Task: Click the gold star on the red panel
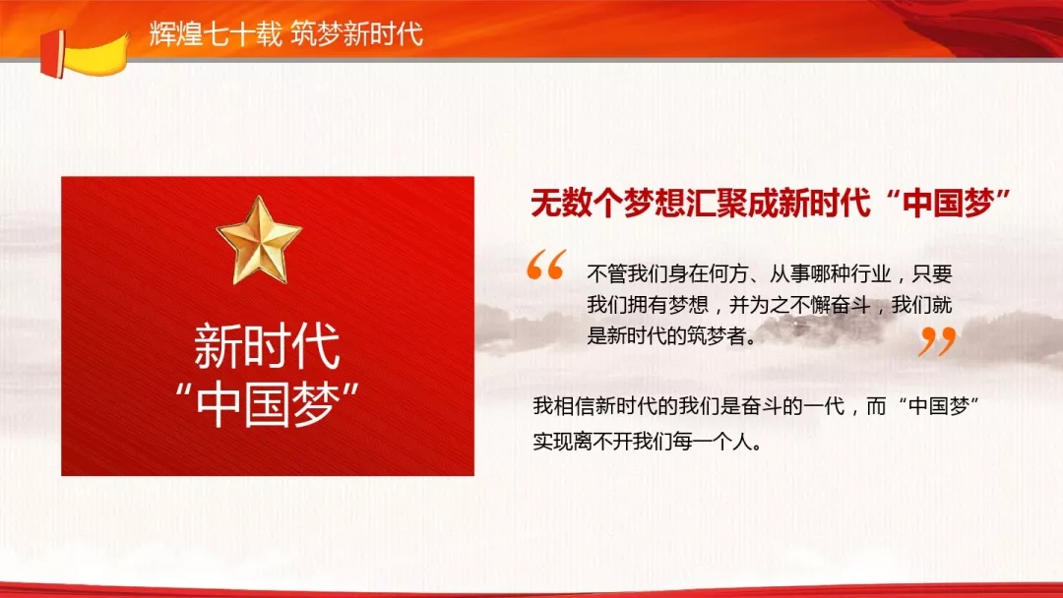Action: (259, 240)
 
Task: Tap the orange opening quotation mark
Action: (545, 265)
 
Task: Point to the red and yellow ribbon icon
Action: (84, 53)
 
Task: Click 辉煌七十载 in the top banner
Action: (216, 33)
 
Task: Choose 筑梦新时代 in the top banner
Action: (357, 33)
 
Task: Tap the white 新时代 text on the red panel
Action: (267, 346)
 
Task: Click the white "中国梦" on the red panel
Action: (267, 405)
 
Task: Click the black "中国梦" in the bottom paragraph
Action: (938, 405)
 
